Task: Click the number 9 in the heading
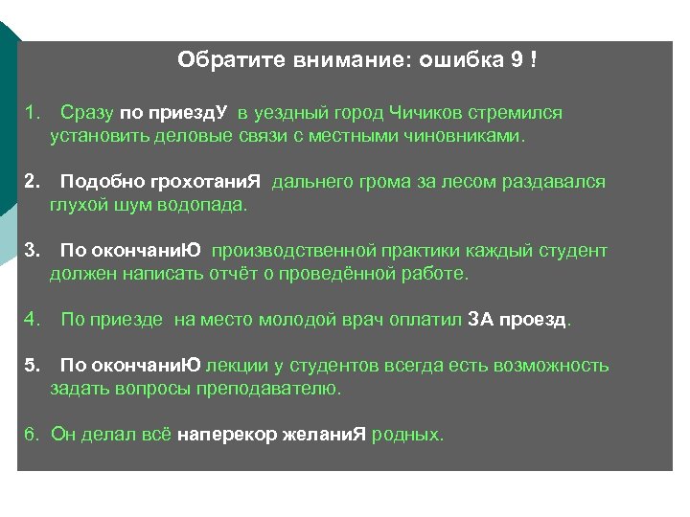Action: (517, 61)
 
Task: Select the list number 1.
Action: (31, 113)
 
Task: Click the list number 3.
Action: (31, 251)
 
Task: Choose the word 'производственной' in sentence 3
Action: (291, 251)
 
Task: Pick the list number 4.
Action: (31, 320)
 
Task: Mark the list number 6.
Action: (31, 435)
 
